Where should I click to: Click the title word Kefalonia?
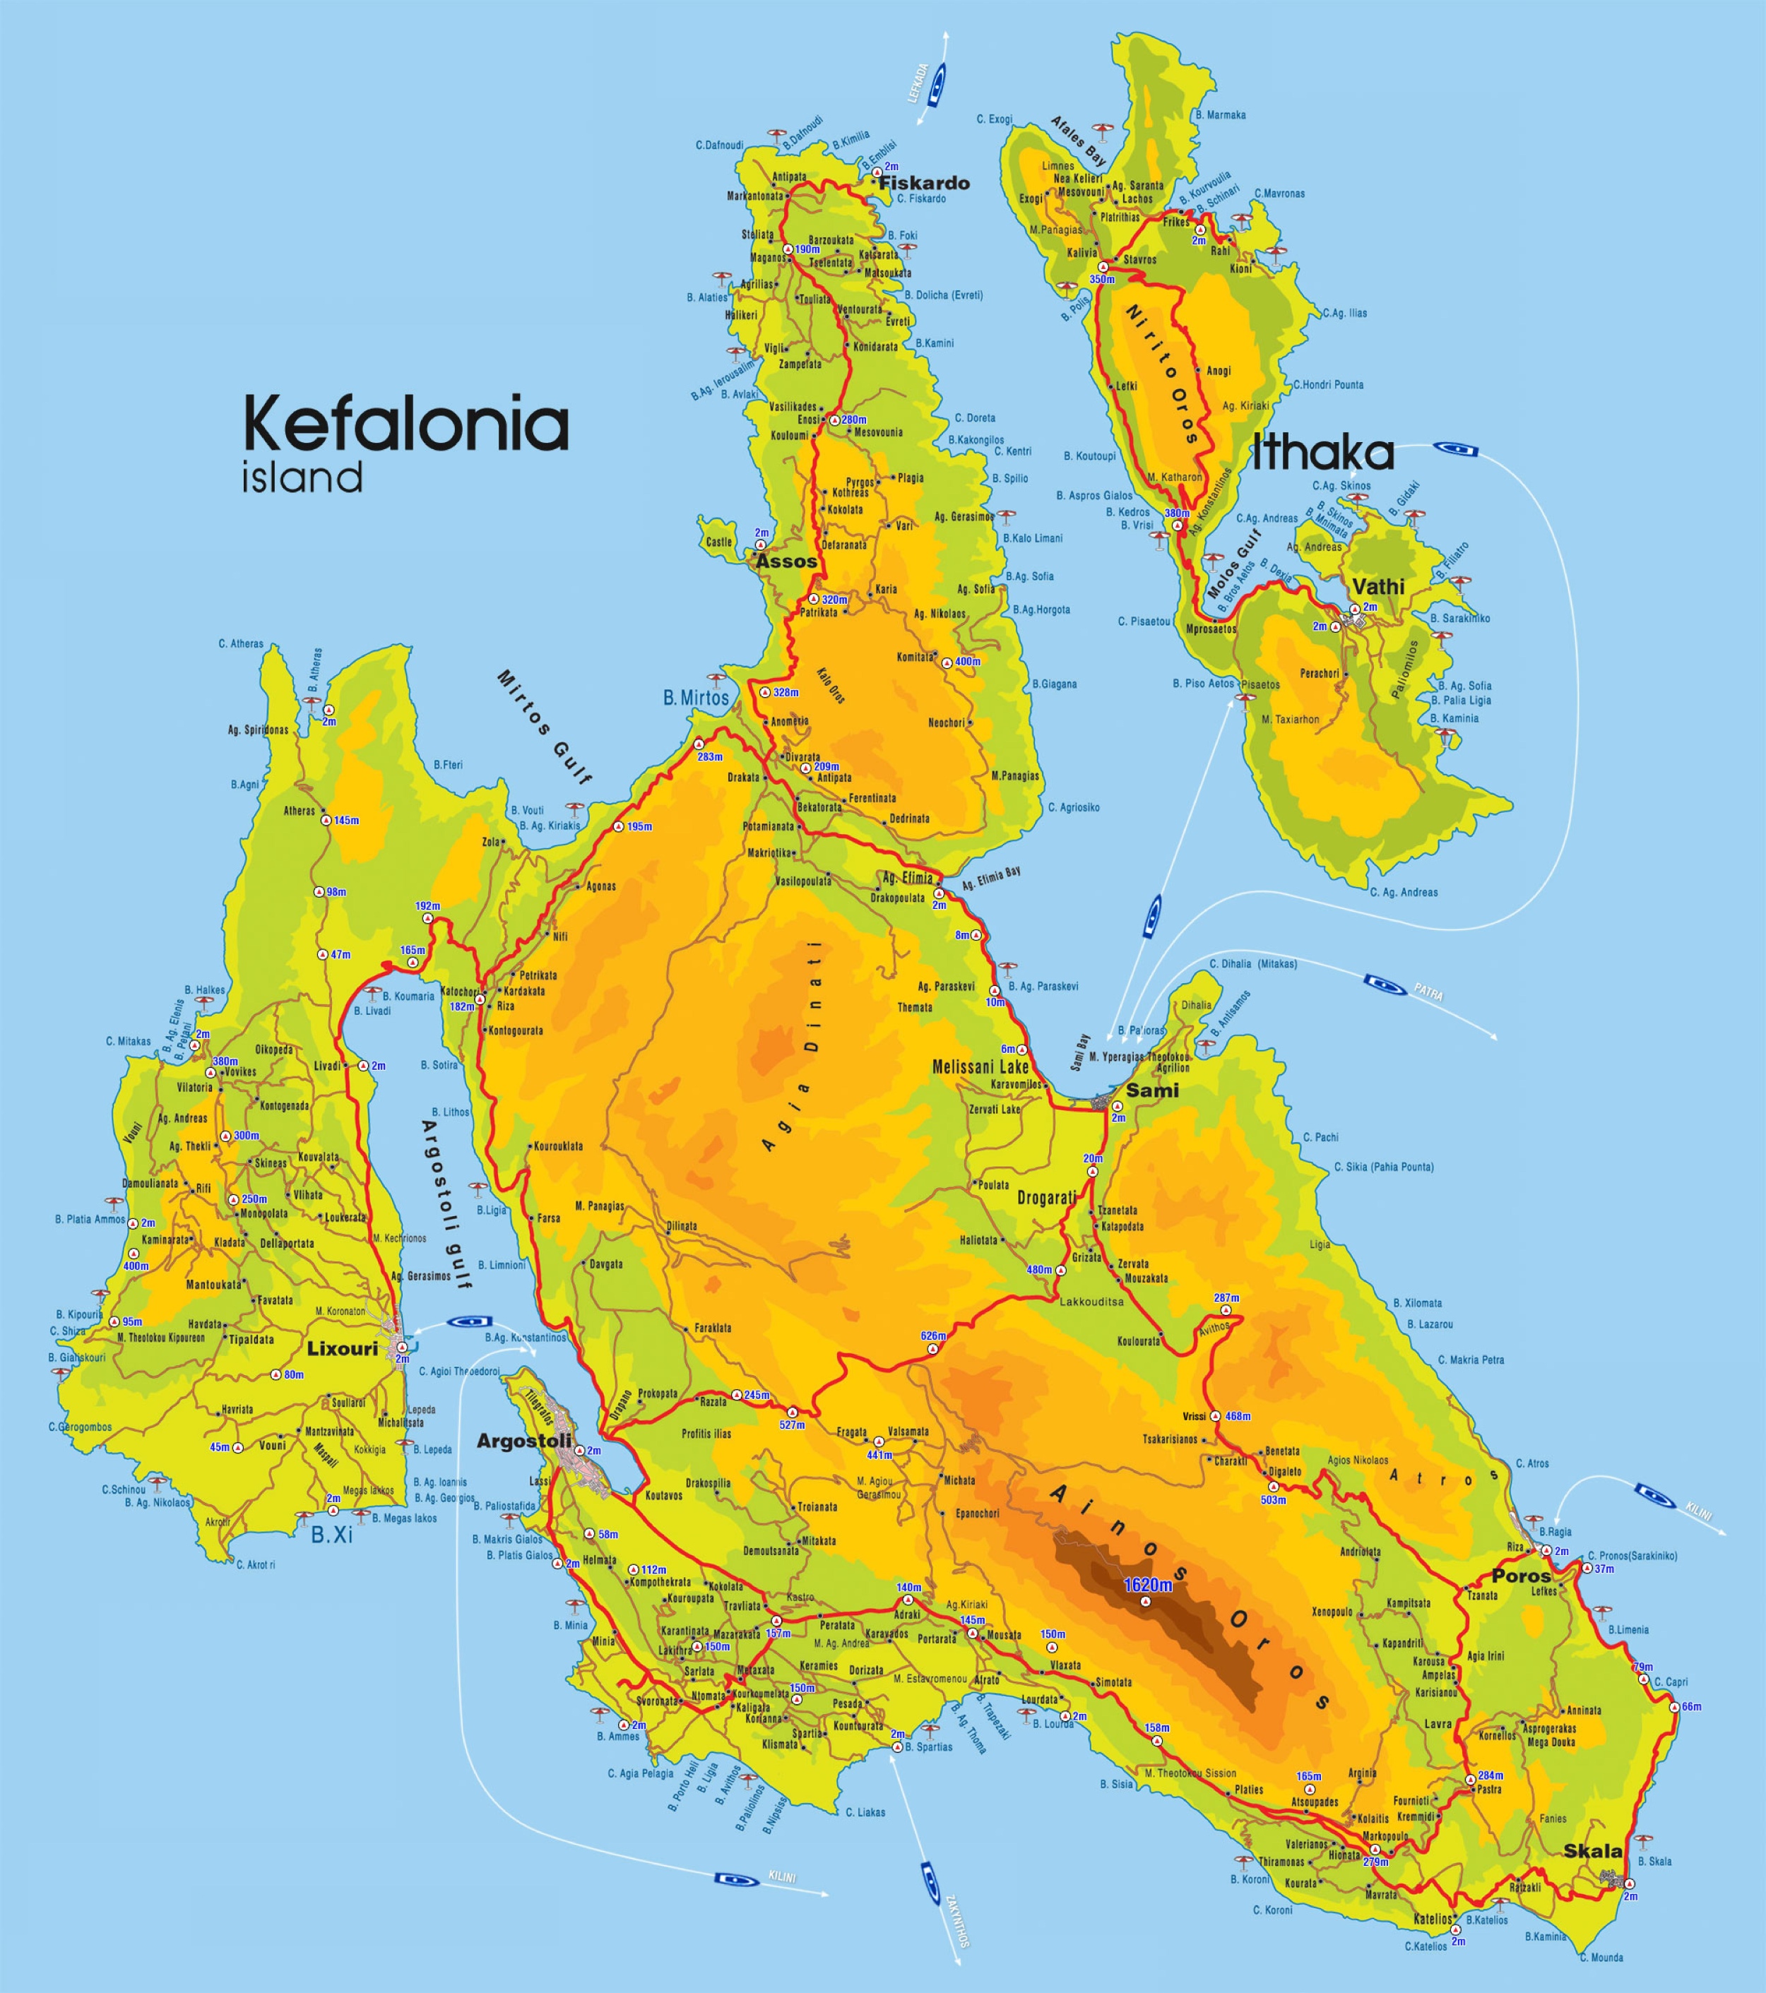click(x=405, y=424)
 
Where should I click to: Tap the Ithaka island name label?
click(x=1322, y=453)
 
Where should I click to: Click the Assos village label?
click(x=786, y=561)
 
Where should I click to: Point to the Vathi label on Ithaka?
click(x=1378, y=586)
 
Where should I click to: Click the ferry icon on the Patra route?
click(x=1384, y=983)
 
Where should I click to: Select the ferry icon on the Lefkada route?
click(x=938, y=85)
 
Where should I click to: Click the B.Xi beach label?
click(x=331, y=1535)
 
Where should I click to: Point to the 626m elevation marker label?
click(x=933, y=1335)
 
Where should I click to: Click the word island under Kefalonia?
click(x=302, y=479)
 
